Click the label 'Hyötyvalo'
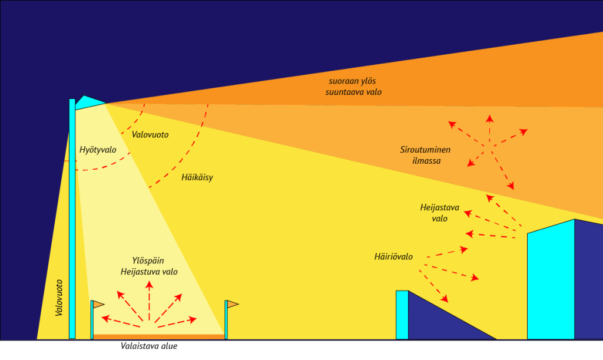pos(98,150)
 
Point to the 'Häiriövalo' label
pos(393,257)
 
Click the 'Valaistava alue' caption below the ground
pos(149,346)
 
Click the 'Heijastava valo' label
pos(439,213)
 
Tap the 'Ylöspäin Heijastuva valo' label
pos(149,266)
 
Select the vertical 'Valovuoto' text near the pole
pos(59,298)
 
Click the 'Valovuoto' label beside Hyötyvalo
pos(150,135)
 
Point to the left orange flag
pos(98,305)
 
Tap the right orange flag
pos(233,304)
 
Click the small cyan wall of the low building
pos(402,315)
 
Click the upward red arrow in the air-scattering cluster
pos(489,127)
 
